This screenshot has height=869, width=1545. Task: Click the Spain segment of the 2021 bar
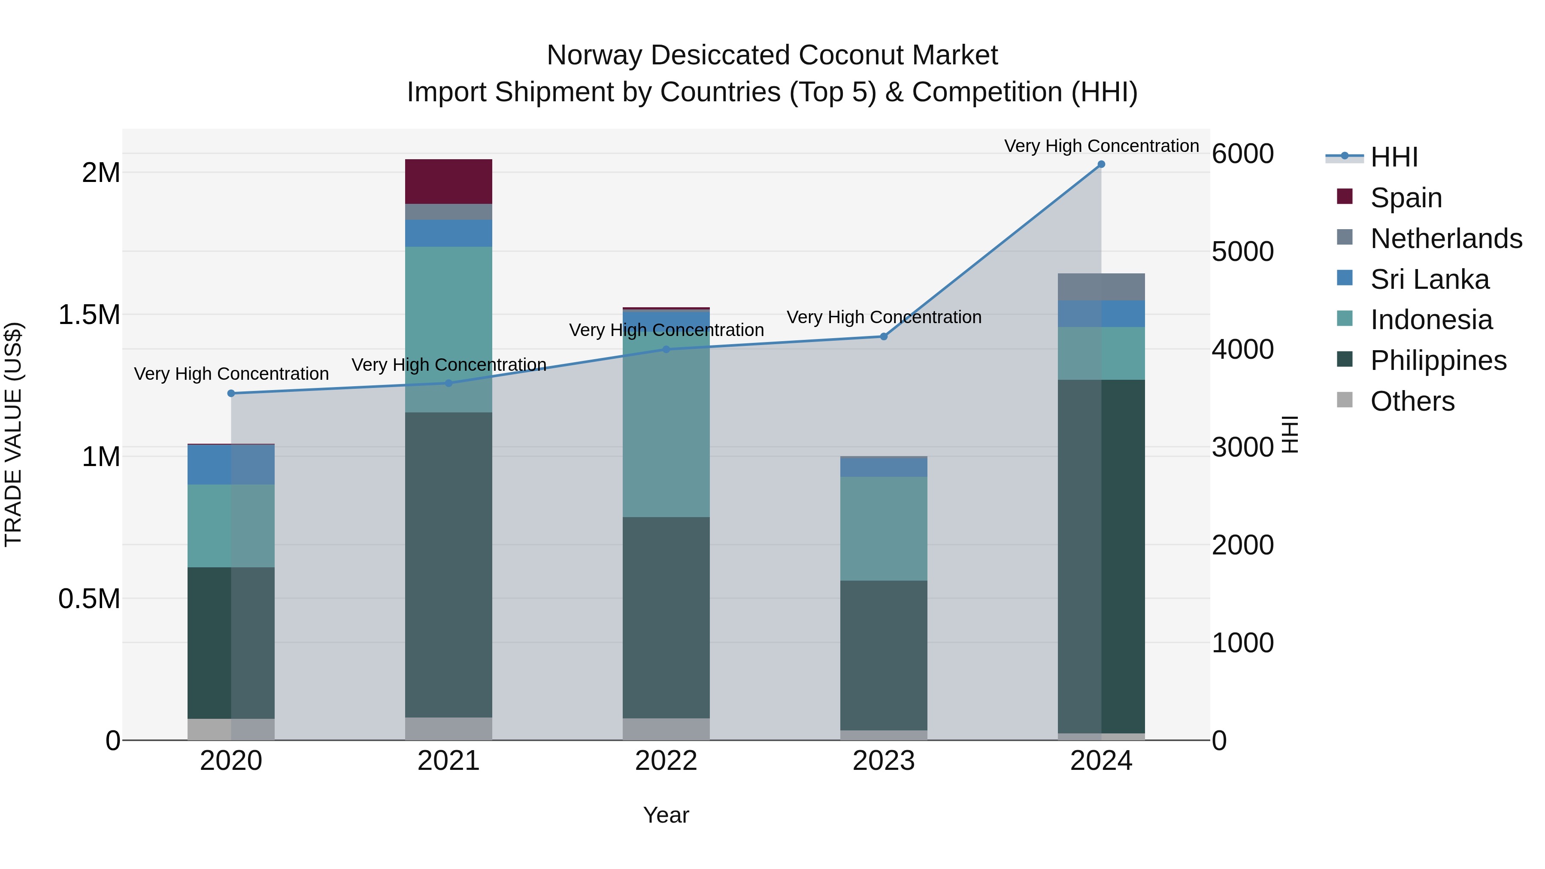(448, 181)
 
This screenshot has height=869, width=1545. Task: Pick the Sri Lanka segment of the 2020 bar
(231, 464)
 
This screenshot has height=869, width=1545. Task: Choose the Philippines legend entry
(1438, 360)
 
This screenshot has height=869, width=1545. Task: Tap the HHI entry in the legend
(1393, 157)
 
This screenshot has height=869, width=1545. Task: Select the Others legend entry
(1412, 401)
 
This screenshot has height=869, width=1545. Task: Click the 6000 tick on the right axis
(1242, 154)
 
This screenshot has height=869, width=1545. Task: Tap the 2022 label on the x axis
(666, 761)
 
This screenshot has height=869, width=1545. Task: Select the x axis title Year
(666, 815)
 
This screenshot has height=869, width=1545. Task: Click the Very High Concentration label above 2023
(884, 317)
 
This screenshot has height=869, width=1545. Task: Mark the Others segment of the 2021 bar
(448, 728)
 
